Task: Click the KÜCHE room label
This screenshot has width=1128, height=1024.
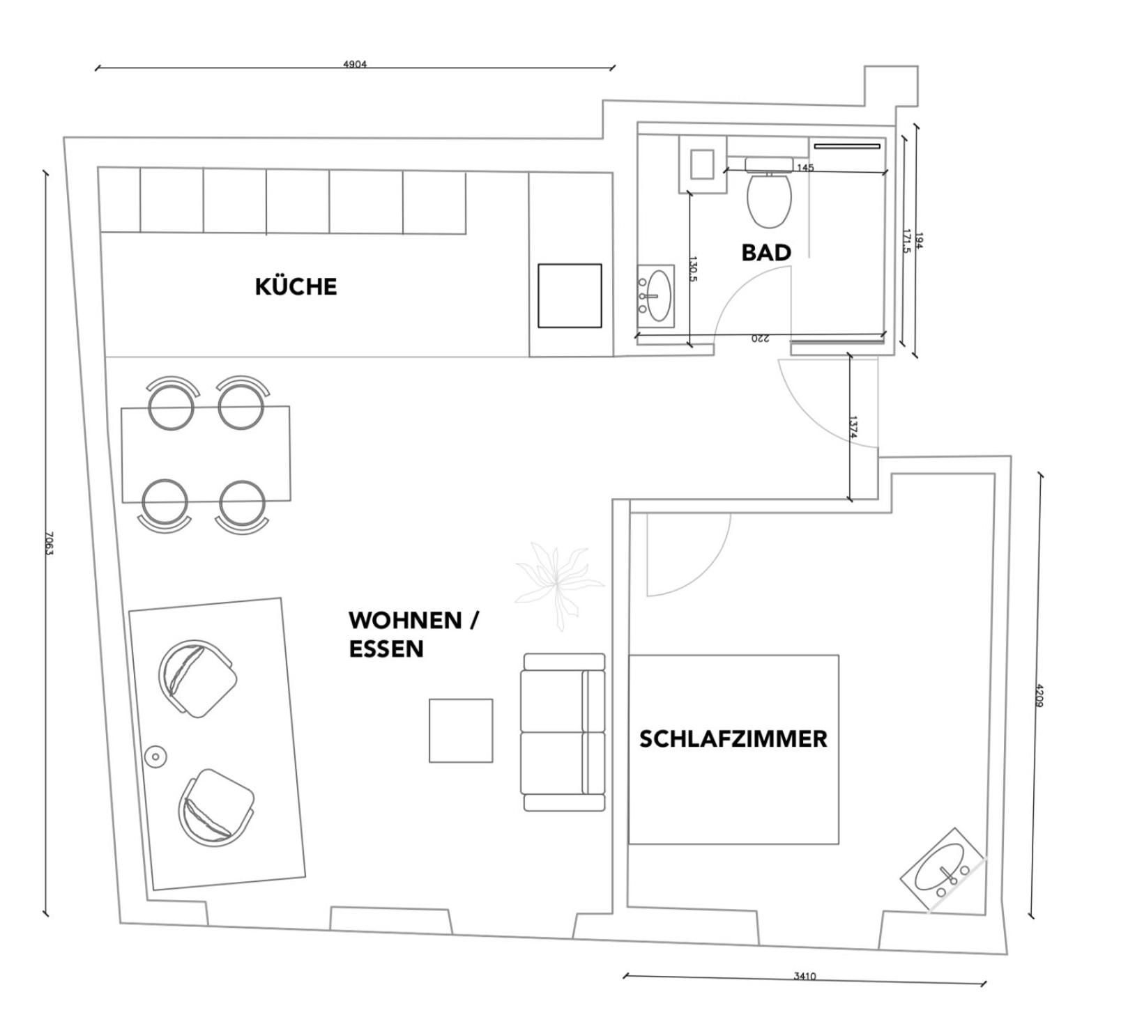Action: (x=296, y=286)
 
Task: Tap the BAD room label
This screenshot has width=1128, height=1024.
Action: (x=765, y=252)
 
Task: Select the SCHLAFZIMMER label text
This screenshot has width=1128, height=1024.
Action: (x=733, y=738)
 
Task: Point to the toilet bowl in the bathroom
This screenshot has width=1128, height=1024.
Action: (x=769, y=199)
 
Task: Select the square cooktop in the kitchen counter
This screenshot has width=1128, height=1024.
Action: (x=570, y=295)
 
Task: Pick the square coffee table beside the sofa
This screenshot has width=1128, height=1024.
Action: (x=461, y=730)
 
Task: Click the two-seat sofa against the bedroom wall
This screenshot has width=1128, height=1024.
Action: (x=563, y=731)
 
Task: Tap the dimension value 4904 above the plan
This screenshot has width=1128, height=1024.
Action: (x=354, y=64)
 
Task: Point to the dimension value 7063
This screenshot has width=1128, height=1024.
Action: (x=48, y=543)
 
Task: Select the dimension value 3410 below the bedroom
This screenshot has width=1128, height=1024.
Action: (x=804, y=976)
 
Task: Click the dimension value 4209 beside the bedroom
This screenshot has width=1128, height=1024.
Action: (x=1038, y=695)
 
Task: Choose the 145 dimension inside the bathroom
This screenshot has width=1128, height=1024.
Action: (x=805, y=167)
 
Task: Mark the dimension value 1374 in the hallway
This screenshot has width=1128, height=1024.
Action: (x=853, y=426)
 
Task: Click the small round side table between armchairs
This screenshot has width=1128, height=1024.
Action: (x=155, y=756)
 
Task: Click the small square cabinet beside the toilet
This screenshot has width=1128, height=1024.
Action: (x=702, y=164)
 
